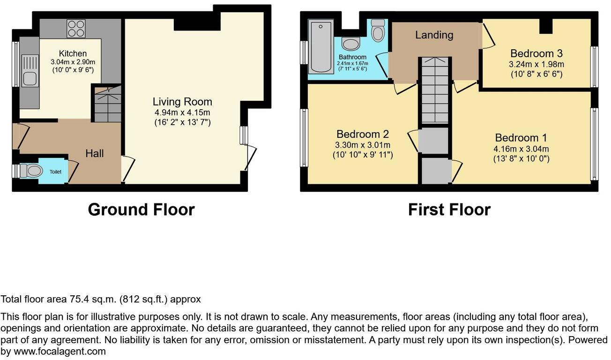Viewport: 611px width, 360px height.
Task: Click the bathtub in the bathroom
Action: tap(321, 46)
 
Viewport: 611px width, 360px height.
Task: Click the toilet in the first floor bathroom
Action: tap(377, 30)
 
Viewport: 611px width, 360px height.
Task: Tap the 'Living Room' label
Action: tap(182, 102)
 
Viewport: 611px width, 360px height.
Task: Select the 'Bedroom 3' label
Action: tap(536, 53)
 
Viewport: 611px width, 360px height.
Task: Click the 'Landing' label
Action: tap(434, 35)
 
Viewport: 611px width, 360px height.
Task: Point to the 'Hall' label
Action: tap(94, 153)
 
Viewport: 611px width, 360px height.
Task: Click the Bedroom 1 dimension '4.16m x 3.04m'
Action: tap(521, 149)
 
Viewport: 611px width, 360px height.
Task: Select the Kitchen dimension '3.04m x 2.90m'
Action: tap(73, 61)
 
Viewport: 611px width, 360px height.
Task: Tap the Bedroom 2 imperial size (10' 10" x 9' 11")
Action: tap(362, 155)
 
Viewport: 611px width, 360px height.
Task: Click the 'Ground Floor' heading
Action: tap(141, 210)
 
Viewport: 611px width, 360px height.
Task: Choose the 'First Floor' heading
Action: tap(449, 210)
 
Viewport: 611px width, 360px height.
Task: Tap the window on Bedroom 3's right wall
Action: tap(594, 67)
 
